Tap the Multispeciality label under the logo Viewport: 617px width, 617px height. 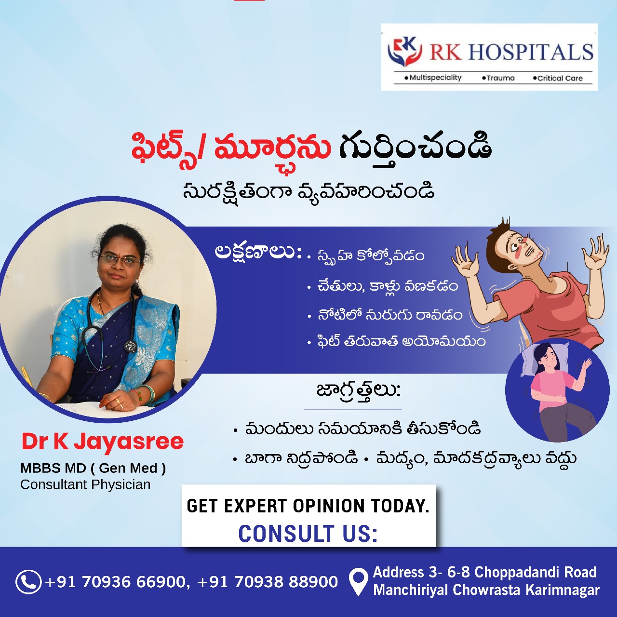(433, 78)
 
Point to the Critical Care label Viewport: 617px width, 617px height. (558, 78)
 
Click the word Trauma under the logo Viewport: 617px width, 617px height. (498, 78)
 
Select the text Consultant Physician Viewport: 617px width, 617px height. (85, 484)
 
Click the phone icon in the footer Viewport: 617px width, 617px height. (28, 581)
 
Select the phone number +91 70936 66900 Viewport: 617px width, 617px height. (115, 581)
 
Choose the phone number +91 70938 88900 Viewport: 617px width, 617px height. (268, 581)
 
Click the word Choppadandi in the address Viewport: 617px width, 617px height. (514, 572)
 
